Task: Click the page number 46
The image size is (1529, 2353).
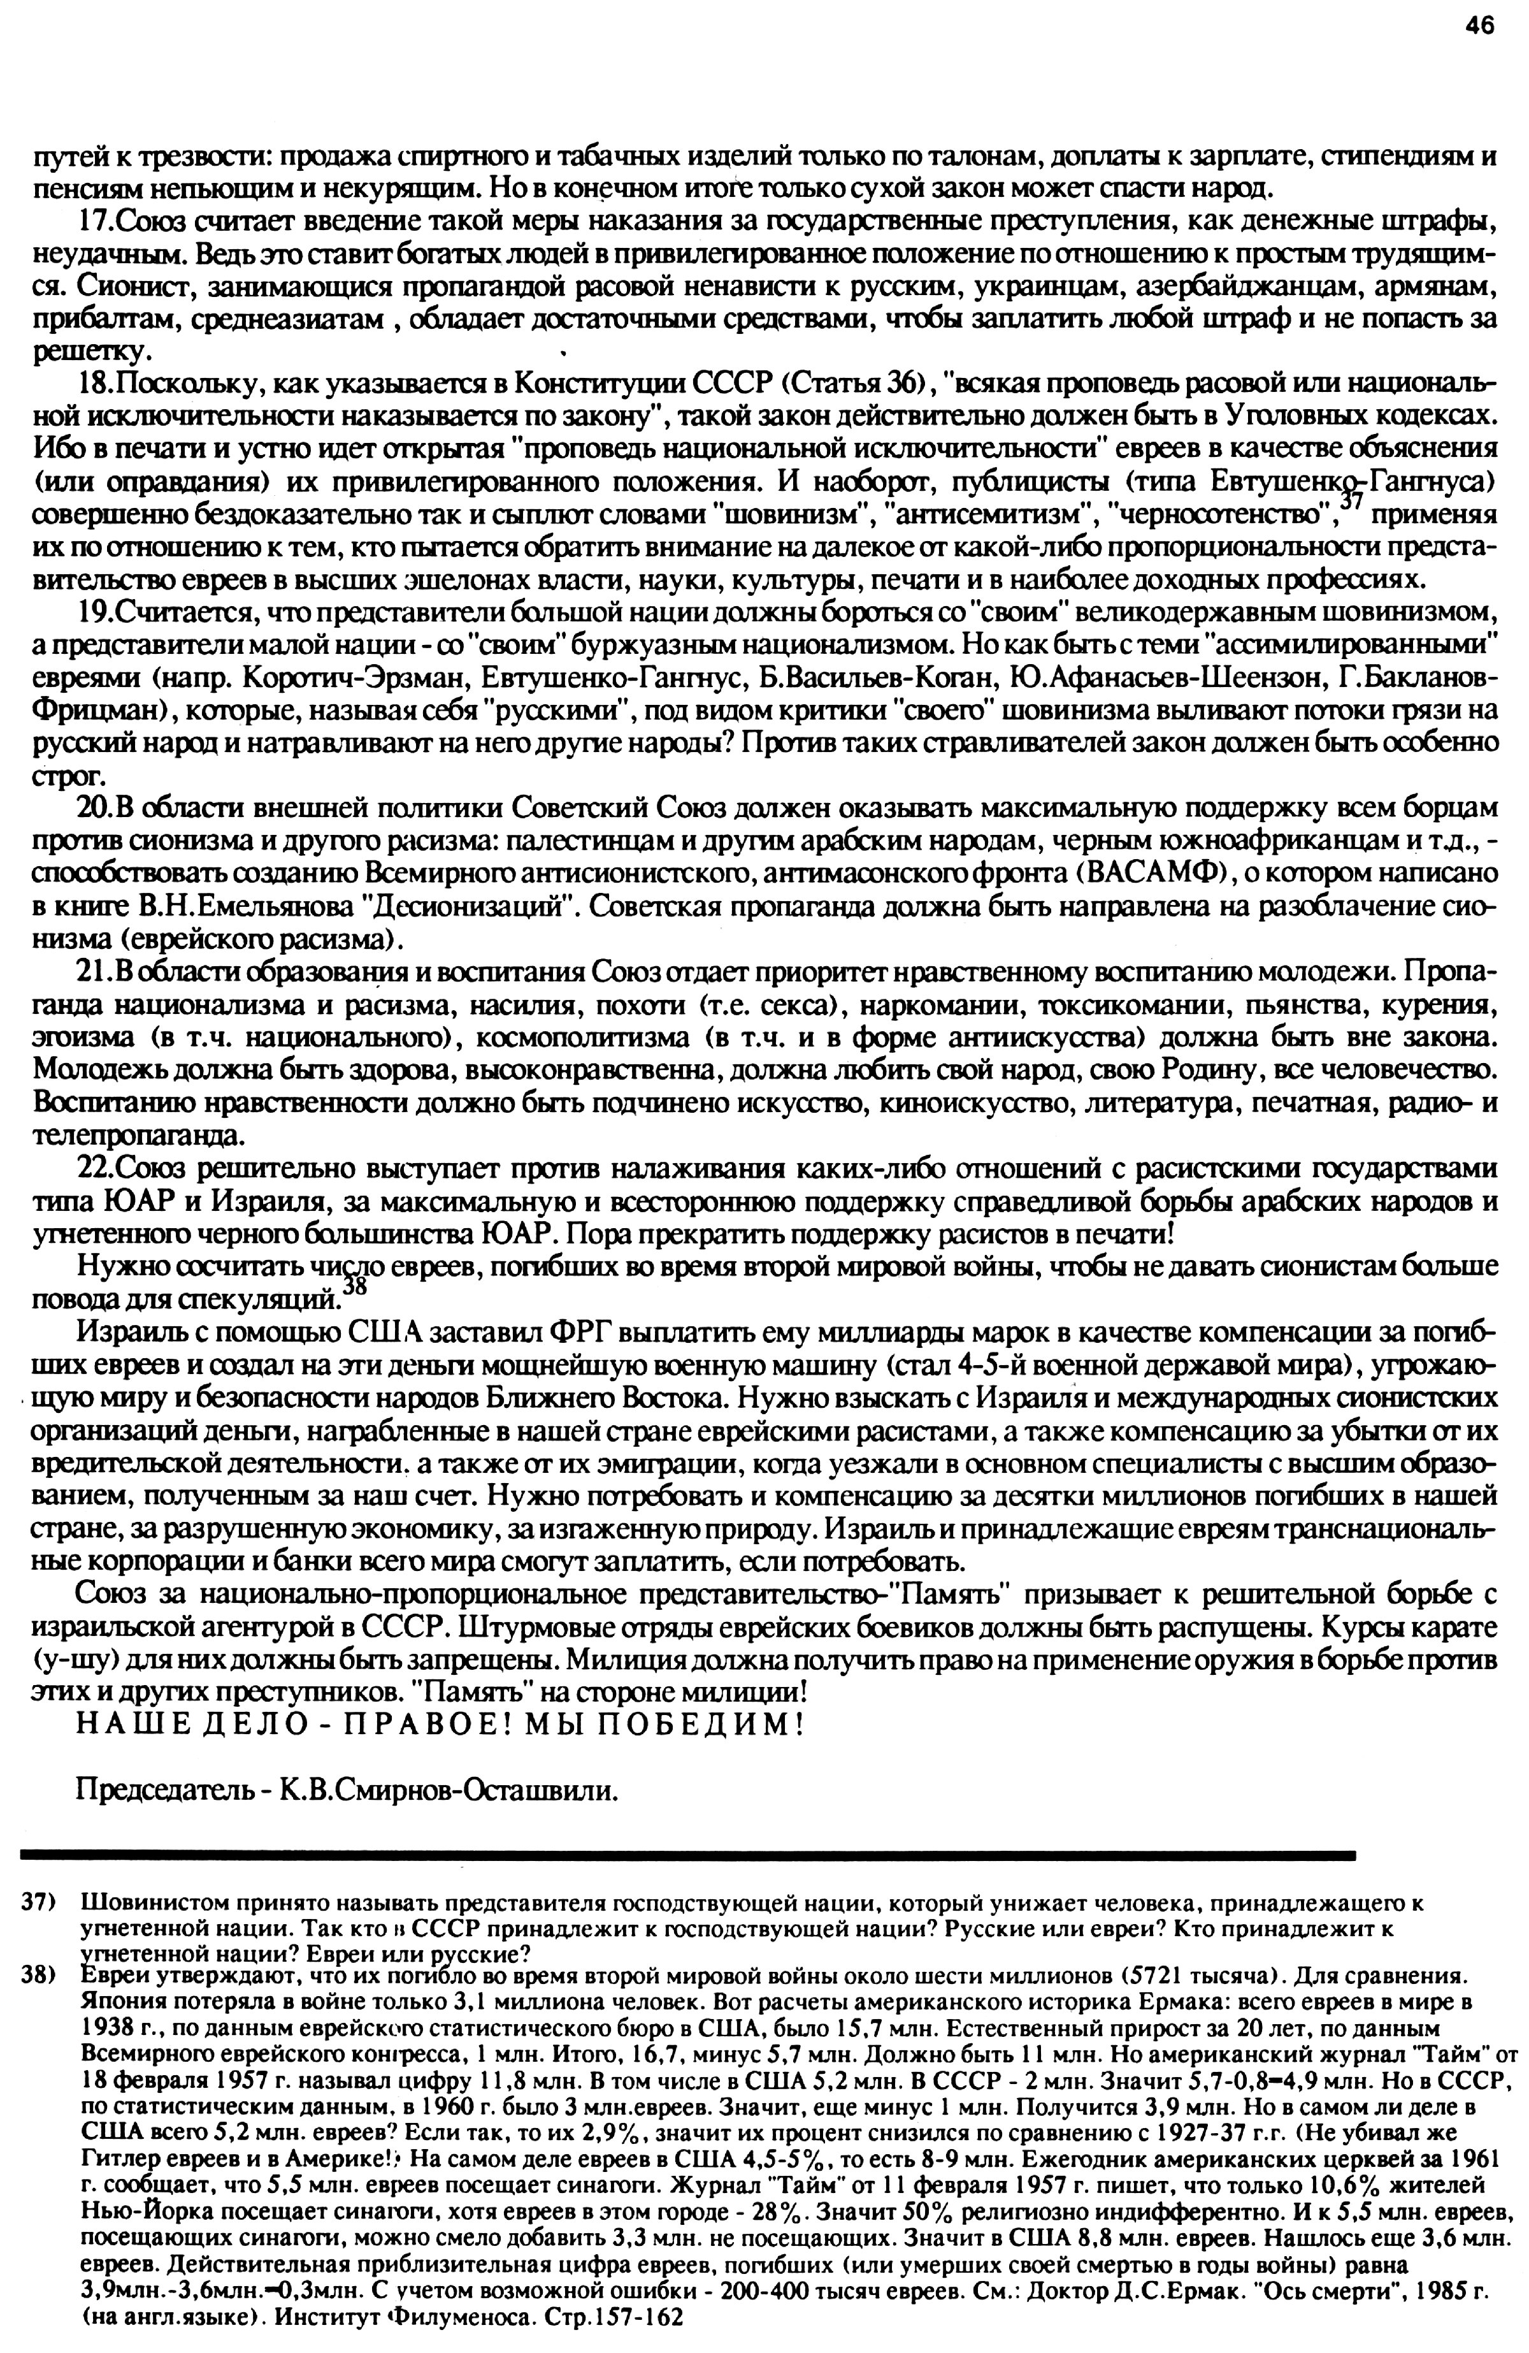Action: coord(1479,27)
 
